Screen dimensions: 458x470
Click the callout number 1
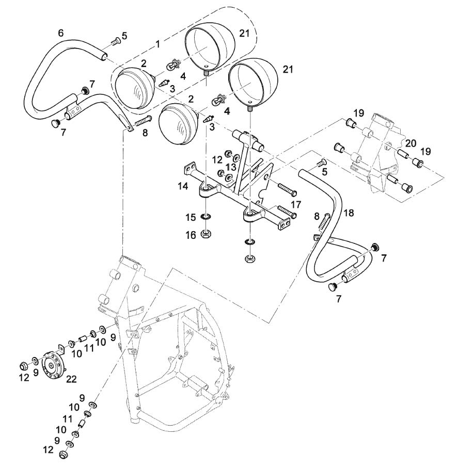point(157,44)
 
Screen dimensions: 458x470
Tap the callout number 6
point(61,33)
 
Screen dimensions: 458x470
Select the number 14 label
point(183,186)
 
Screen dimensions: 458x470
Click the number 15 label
point(191,217)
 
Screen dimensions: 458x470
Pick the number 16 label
point(191,235)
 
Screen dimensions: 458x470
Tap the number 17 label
point(296,205)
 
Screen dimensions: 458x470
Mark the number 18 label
point(349,213)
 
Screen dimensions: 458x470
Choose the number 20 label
point(410,143)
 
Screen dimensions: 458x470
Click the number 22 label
point(71,379)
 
